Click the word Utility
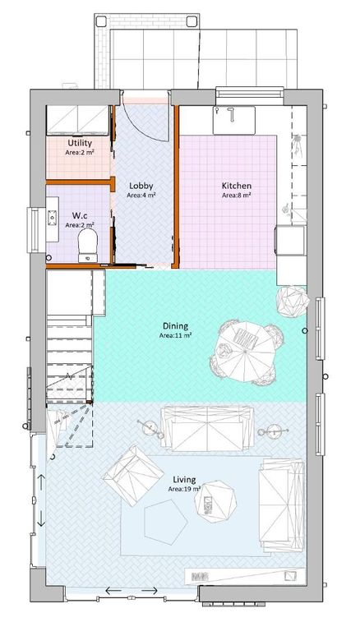80,143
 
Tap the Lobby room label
141,186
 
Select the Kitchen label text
236,186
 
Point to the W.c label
80,214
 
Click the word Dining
176,325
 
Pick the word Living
184,478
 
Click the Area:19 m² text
184,489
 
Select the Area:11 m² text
176,335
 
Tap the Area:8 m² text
236,196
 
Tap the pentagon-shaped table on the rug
164,519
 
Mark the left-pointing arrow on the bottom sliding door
110,592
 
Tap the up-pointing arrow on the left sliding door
41,497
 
